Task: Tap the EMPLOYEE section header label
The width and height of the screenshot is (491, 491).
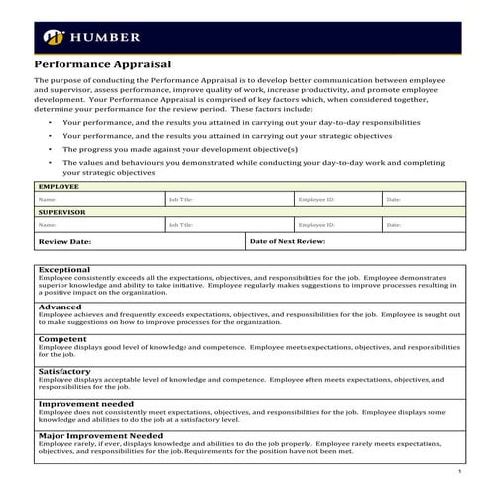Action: (59, 186)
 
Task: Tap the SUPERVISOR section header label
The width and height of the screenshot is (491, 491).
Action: (61, 212)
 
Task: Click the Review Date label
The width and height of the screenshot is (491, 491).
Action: (64, 241)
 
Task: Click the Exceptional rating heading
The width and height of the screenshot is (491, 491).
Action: (64, 269)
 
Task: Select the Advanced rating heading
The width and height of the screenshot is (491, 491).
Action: (61, 307)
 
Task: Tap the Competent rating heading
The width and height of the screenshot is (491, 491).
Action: (62, 339)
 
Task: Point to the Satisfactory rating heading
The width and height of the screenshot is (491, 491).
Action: (65, 371)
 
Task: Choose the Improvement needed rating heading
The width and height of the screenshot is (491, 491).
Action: (85, 404)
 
